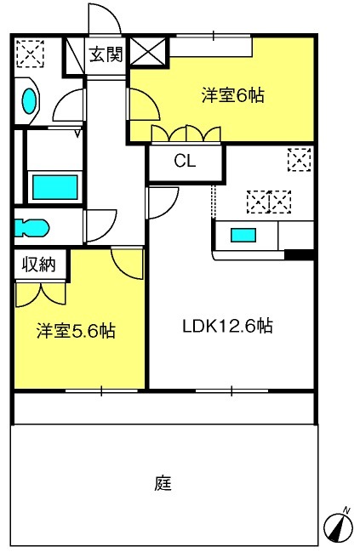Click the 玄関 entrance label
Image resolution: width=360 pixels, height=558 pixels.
click(x=106, y=54)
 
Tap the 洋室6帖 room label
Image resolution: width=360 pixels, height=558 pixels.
click(x=233, y=95)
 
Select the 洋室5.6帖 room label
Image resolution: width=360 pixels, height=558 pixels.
click(x=76, y=331)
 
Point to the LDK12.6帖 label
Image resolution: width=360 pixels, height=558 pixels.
click(x=227, y=326)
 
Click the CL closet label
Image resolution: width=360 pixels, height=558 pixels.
click(x=185, y=162)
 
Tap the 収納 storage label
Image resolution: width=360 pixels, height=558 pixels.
click(x=39, y=265)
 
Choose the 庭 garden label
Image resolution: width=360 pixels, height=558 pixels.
click(x=163, y=483)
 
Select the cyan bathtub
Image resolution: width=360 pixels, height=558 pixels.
click(x=54, y=187)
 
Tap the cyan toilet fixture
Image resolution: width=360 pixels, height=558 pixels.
click(x=31, y=228)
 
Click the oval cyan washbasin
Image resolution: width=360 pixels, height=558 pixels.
click(x=29, y=100)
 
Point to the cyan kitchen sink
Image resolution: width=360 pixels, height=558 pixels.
click(x=243, y=236)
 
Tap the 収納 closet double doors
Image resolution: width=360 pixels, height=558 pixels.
click(x=41, y=294)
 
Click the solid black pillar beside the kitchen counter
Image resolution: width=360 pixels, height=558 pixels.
click(x=299, y=255)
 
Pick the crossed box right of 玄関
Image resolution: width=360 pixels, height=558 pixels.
click(x=148, y=52)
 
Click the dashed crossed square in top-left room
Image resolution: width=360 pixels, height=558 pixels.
click(x=30, y=54)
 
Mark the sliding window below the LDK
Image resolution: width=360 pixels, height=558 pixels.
click(x=231, y=390)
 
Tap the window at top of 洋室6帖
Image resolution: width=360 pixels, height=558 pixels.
click(x=214, y=36)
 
